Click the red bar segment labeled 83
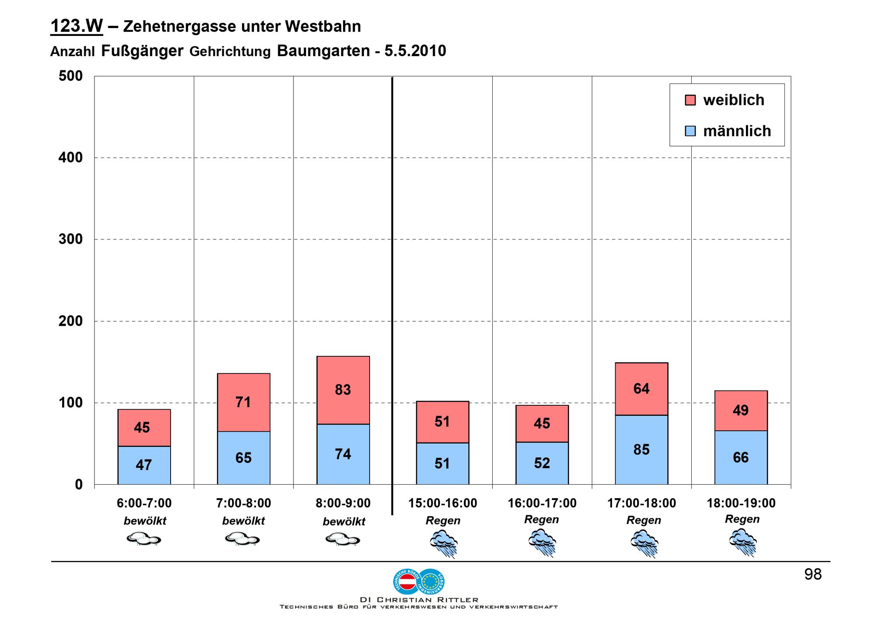[x=343, y=390]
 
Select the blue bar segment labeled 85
[x=641, y=450]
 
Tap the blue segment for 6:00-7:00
[x=144, y=465]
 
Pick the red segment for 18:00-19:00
[x=741, y=411]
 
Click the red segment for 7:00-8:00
[x=243, y=402]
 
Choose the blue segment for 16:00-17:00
[x=542, y=463]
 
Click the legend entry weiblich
[x=733, y=100]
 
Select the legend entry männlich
[x=737, y=131]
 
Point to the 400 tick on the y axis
[x=71, y=158]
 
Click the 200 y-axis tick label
[x=71, y=321]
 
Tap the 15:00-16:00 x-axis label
[x=442, y=503]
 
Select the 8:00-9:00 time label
[x=343, y=503]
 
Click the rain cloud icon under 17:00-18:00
[x=644, y=543]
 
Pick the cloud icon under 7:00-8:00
[x=242, y=538]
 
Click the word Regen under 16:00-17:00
[x=542, y=520]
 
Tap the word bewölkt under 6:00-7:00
[x=145, y=521]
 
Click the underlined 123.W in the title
[x=77, y=26]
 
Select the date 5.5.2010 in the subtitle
[x=415, y=51]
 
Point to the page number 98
[x=813, y=574]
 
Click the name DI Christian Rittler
[x=419, y=600]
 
